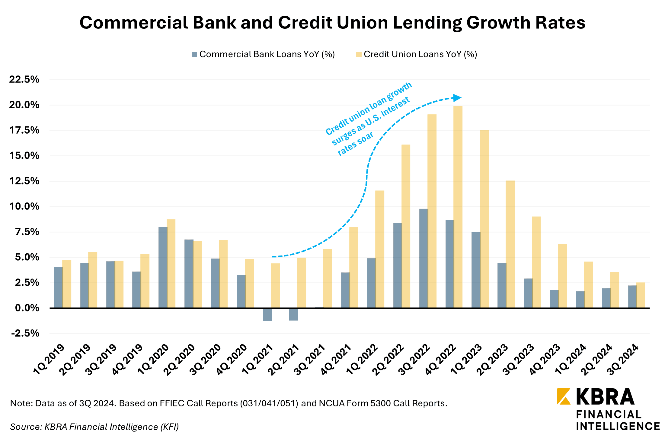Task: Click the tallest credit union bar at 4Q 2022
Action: (458, 207)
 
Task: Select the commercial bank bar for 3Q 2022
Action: (424, 258)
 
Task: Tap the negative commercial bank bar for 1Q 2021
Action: (267, 314)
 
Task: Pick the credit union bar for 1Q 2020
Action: (171, 264)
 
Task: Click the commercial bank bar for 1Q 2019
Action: (58, 287)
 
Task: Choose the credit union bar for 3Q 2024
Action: (641, 295)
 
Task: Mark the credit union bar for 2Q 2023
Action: (510, 244)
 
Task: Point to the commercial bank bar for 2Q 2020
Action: (189, 274)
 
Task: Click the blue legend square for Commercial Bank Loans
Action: (194, 54)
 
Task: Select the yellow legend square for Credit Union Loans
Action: (359, 54)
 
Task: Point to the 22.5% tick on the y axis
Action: (24, 80)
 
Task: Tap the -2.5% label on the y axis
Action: (25, 334)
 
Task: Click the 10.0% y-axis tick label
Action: (24, 207)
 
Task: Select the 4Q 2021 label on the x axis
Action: (336, 360)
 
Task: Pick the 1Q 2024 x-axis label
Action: (571, 360)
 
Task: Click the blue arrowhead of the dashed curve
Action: (457, 98)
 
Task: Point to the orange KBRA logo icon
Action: (564, 396)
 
